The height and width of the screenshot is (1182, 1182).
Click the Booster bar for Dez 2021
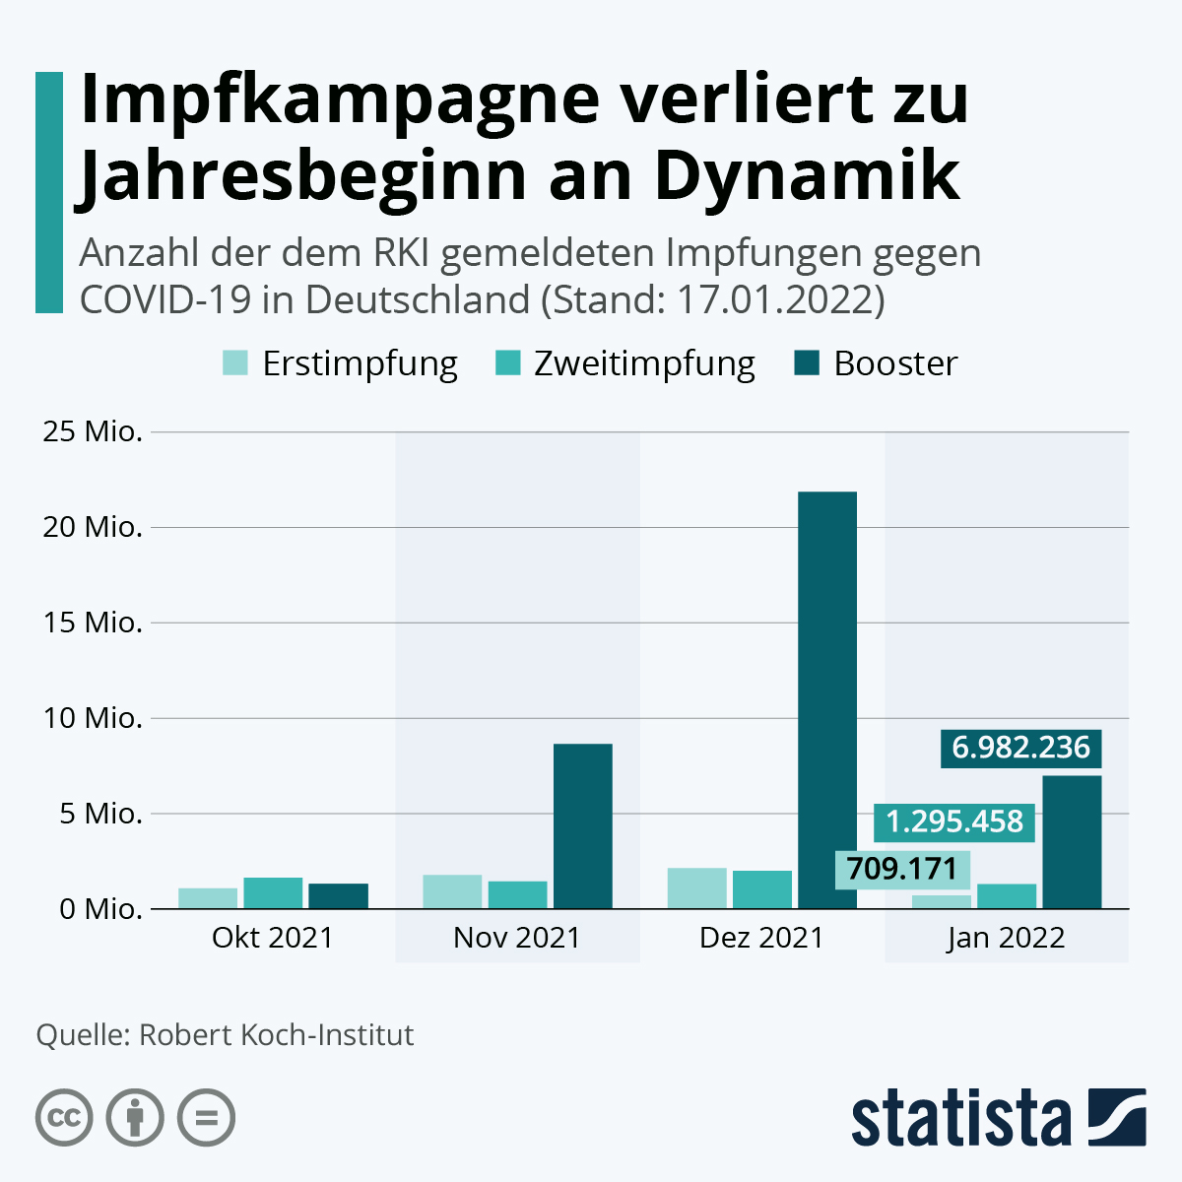coord(826,699)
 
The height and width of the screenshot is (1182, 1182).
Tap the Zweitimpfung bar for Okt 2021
coord(273,892)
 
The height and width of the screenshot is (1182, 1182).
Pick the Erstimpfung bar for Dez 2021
coord(696,887)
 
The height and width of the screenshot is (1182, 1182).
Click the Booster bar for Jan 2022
coord(1072,841)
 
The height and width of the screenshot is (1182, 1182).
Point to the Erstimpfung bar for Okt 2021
coord(208,897)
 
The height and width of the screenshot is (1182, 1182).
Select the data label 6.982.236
coord(1020,748)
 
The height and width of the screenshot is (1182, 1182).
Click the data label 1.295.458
coord(954,821)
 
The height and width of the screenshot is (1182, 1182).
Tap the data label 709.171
coord(901,869)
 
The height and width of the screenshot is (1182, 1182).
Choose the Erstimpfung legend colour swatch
coord(234,363)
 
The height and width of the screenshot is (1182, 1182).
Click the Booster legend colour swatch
coord(807,363)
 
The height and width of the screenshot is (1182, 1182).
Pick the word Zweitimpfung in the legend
coord(644,363)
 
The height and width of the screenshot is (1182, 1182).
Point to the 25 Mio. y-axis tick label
coord(93,431)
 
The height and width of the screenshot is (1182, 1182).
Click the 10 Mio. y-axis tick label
coord(93,718)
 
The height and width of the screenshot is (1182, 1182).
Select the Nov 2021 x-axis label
coord(517,937)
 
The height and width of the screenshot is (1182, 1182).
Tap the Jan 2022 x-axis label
coord(1006,937)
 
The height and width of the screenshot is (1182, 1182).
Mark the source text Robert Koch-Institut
coord(277,1035)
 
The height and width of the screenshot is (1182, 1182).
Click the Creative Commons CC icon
coord(64,1118)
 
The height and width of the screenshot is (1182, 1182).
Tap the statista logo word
coord(960,1118)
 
